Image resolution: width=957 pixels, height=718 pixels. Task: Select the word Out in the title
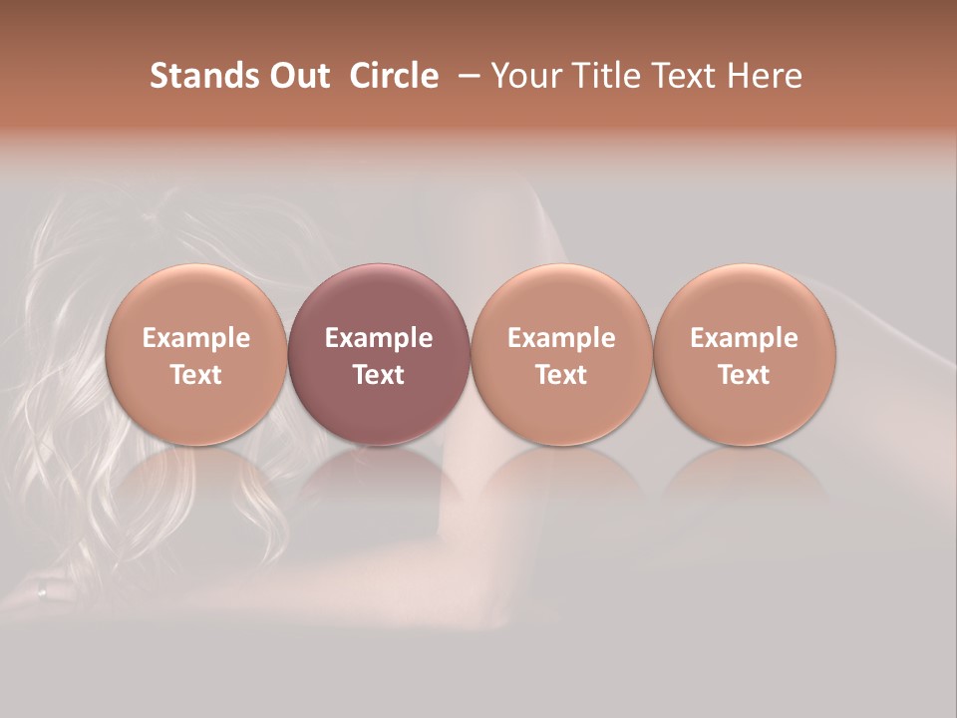pyautogui.click(x=296, y=76)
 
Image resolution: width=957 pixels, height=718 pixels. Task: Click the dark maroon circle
pyautogui.click(x=379, y=354)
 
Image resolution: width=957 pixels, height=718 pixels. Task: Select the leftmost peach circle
pyautogui.click(x=196, y=354)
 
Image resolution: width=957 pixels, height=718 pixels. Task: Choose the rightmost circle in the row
pyautogui.click(x=745, y=354)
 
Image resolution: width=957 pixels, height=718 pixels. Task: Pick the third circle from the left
pyautogui.click(x=561, y=354)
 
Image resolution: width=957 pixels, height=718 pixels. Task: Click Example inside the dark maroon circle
pyautogui.click(x=379, y=338)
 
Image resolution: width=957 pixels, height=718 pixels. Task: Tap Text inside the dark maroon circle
pyautogui.click(x=379, y=375)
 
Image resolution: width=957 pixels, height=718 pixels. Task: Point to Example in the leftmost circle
pyautogui.click(x=196, y=338)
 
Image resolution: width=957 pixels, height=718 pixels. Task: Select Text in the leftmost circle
pyautogui.click(x=196, y=375)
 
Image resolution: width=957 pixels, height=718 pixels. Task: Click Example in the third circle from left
pyautogui.click(x=561, y=338)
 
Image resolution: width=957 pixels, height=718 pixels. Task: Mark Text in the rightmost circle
pyautogui.click(x=745, y=375)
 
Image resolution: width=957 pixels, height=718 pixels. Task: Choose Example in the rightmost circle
pyautogui.click(x=745, y=338)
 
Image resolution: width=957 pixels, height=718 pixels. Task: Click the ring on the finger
pyautogui.click(x=42, y=591)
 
